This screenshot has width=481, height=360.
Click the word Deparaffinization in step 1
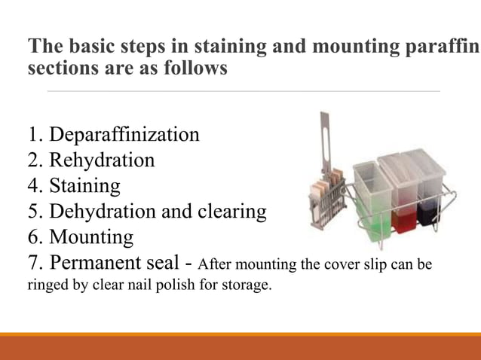pos(124,136)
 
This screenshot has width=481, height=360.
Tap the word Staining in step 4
pos(84,186)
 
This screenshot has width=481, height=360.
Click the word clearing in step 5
pos(230,212)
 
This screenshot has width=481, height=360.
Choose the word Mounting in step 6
pos(91,237)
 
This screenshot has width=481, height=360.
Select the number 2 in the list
pos(33,160)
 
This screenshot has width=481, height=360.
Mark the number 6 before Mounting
pos(33,237)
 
